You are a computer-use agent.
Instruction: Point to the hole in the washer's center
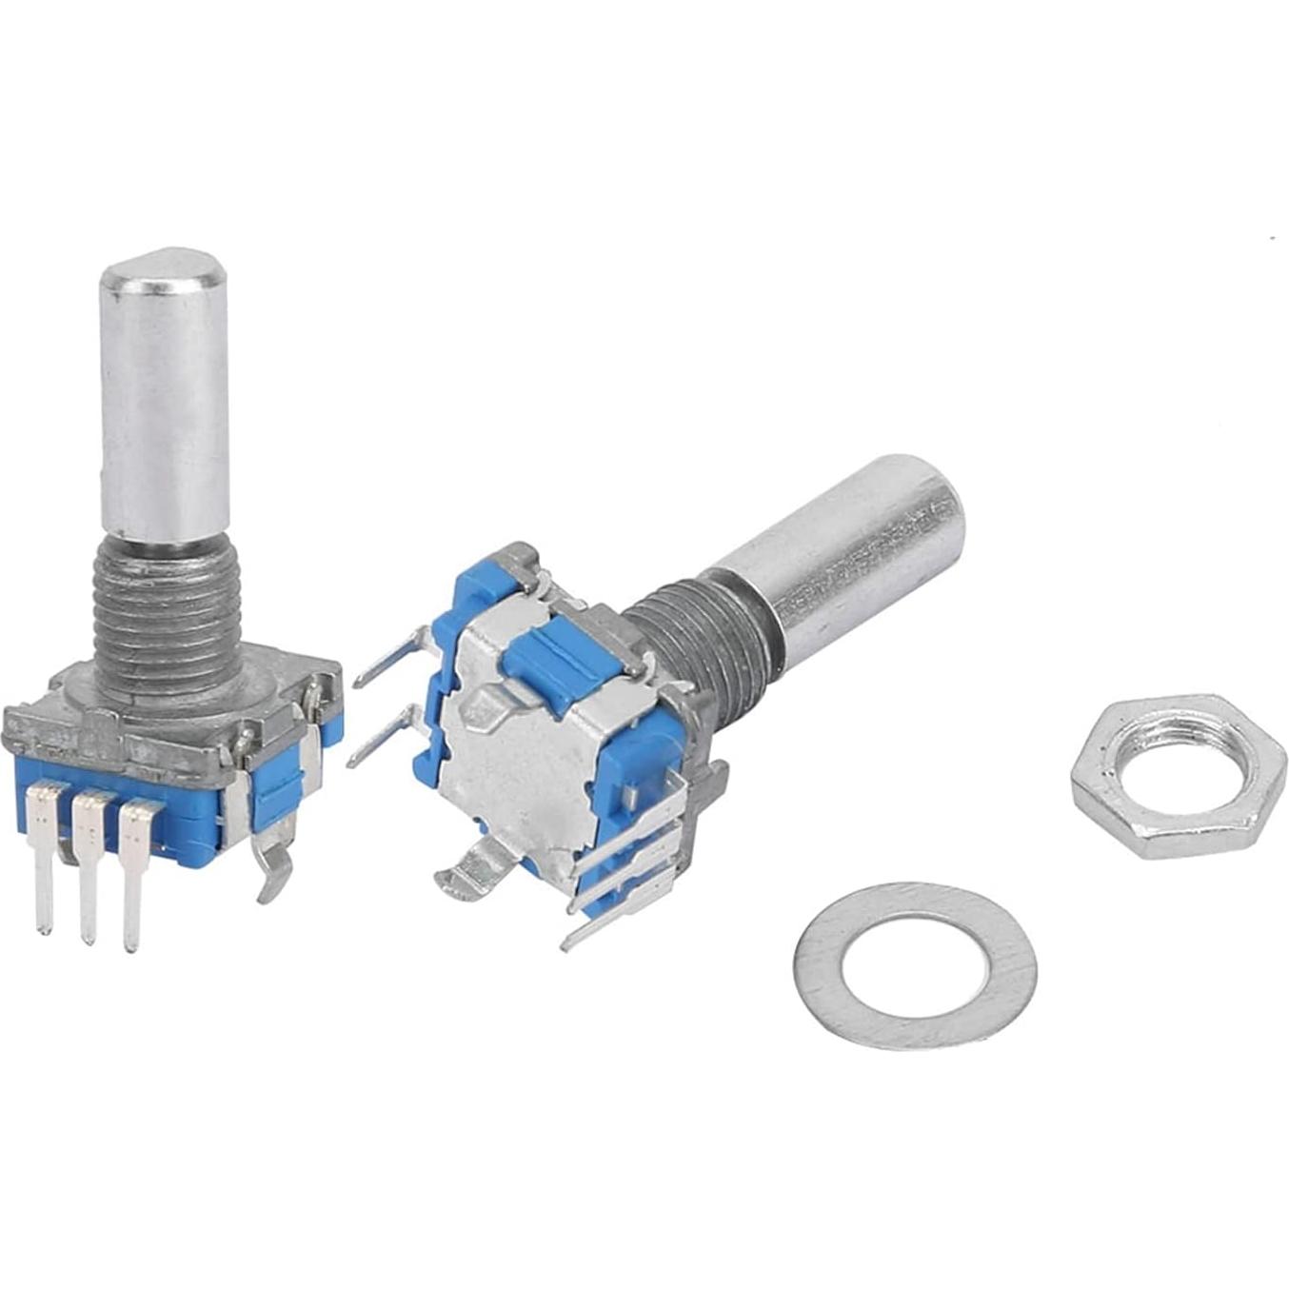tap(914, 965)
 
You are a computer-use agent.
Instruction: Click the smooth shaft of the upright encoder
tap(165, 409)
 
